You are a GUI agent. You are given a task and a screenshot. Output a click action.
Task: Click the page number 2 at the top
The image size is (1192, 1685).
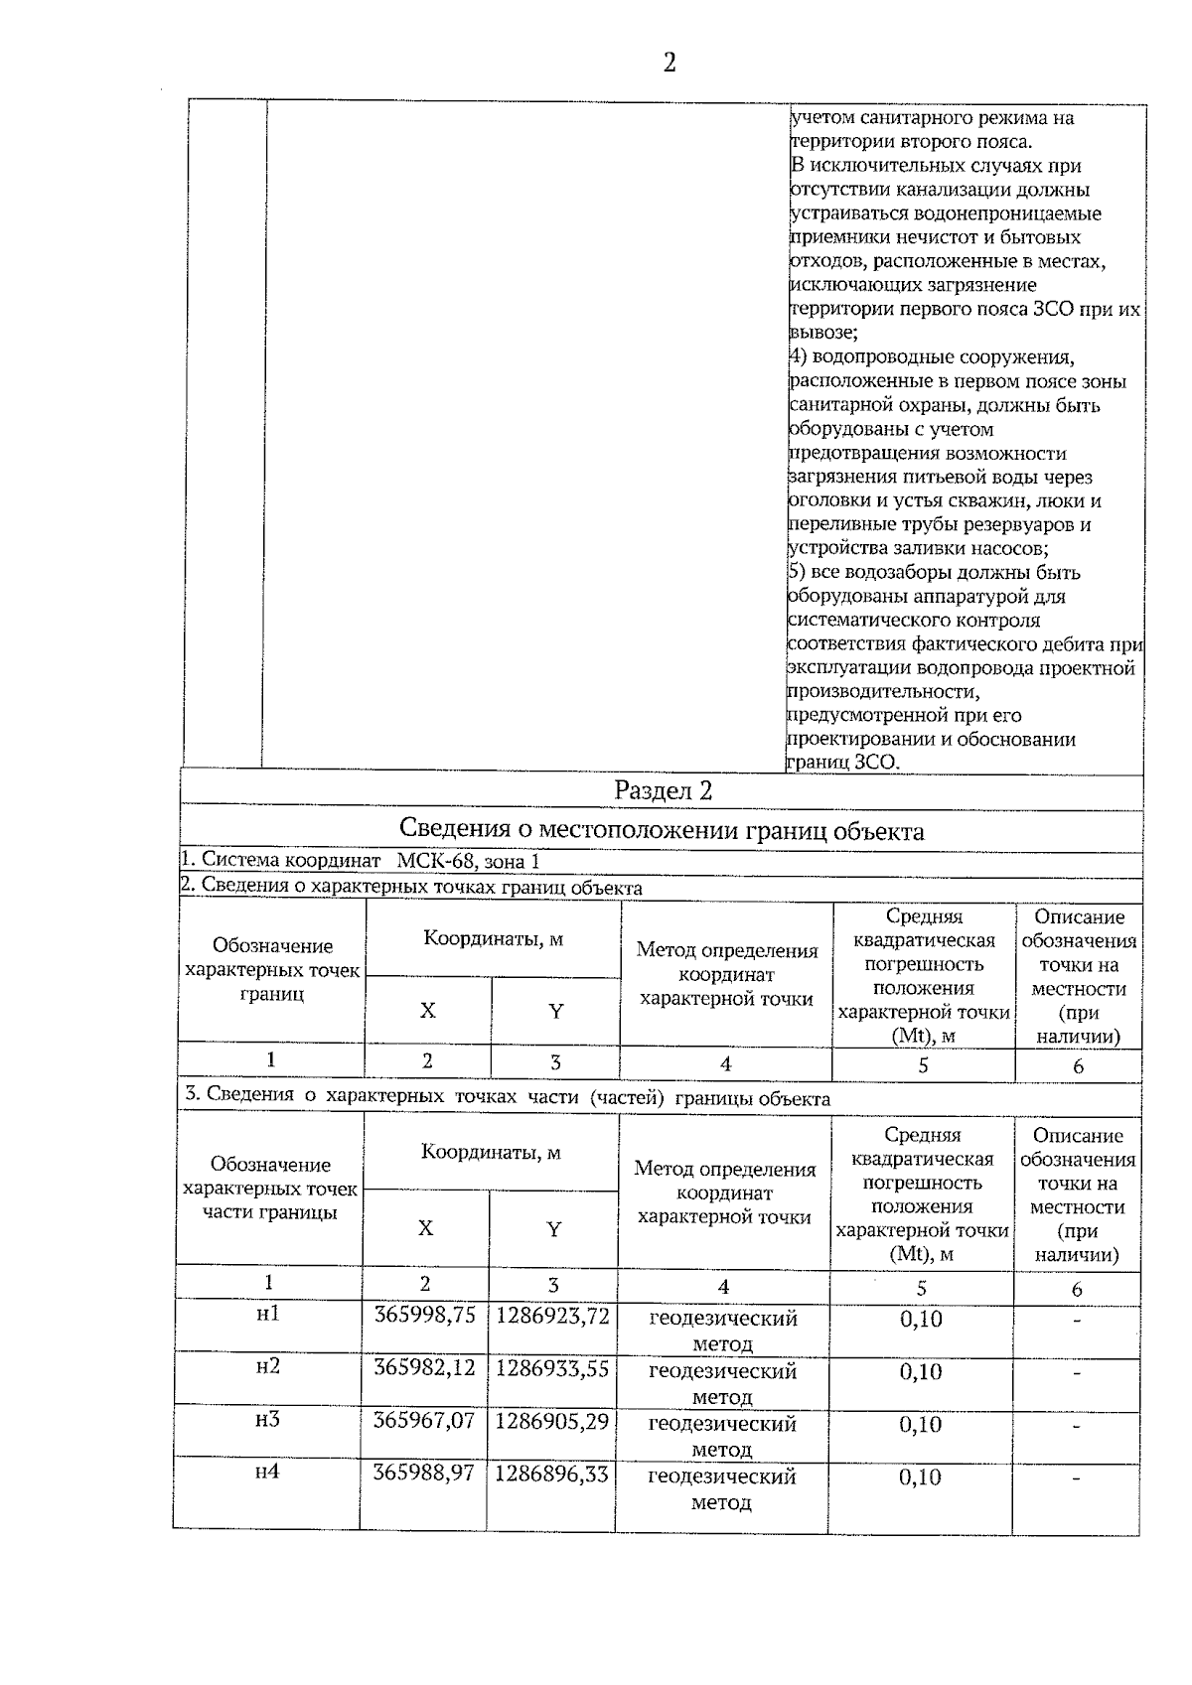coord(669,63)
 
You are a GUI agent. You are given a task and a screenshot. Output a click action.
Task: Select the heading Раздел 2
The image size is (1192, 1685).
coord(663,791)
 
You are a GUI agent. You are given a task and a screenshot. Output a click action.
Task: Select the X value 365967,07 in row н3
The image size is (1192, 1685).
coord(424,1421)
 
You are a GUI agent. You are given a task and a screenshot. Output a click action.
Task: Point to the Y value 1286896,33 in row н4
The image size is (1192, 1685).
coord(551,1474)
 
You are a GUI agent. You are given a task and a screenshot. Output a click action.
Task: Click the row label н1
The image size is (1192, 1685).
coord(268,1314)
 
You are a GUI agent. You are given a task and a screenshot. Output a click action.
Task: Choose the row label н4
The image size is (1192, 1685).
coord(267,1472)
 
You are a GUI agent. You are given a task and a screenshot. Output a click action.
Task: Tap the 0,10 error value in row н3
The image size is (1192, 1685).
coord(921,1425)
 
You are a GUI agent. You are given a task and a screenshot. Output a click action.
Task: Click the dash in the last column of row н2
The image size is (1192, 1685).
coord(1076,1373)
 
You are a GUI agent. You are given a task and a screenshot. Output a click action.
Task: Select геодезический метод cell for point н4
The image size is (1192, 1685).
coord(722,1488)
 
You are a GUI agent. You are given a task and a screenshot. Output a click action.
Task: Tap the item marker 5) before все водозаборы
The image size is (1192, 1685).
coord(796,573)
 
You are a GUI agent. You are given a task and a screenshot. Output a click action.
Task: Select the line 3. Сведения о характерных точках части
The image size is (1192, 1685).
coord(507,1098)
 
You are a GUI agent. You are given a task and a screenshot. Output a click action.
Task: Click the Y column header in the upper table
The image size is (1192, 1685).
coord(555,1011)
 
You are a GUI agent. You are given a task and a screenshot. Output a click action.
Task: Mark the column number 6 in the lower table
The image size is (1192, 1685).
coord(1077,1289)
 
